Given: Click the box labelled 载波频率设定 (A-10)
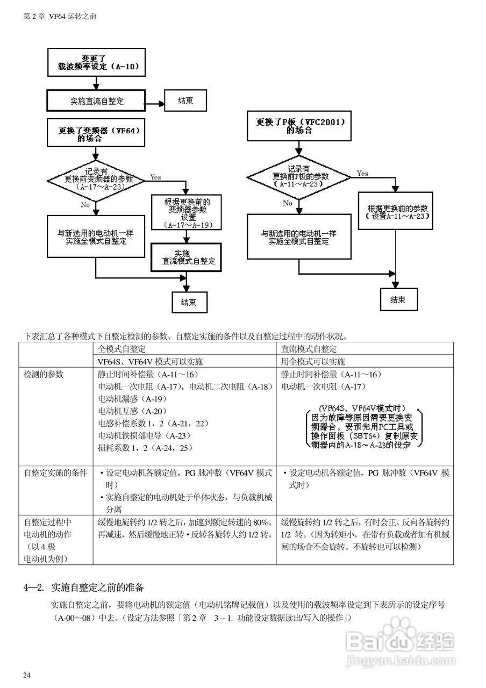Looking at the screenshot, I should tap(96, 62).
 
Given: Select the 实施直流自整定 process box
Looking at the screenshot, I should tap(96, 101).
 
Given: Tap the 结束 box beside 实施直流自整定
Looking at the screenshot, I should tap(185, 101).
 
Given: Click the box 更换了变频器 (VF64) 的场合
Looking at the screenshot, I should tap(96, 134).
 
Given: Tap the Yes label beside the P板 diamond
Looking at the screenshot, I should tap(362, 173).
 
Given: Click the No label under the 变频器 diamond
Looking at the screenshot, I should tap(85, 205).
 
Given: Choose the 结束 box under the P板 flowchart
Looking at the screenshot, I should tap(398, 299).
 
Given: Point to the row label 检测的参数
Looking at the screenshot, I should tap(44, 374).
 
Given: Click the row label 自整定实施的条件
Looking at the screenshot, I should tap(55, 473).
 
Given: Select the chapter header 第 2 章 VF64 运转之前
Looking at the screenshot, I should tap(60, 16).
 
